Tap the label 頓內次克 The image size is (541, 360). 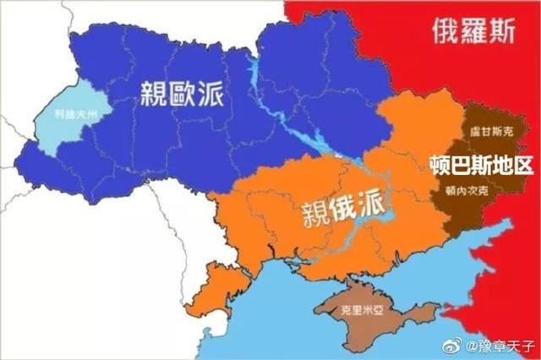click(x=462, y=193)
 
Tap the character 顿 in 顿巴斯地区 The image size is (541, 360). click(x=439, y=163)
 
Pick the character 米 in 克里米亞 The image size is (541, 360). click(x=364, y=311)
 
